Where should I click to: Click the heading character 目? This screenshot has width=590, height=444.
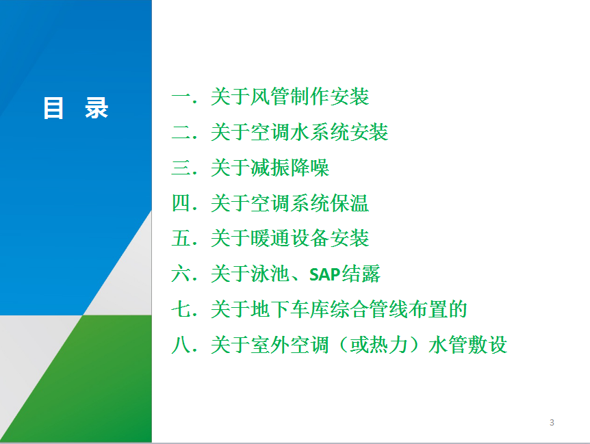coord(53,108)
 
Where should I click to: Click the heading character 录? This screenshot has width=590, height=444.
coord(97,108)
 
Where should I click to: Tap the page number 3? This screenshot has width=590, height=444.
coord(552,423)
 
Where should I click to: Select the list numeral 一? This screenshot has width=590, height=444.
coord(182,97)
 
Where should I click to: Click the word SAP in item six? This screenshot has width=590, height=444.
coord(324,274)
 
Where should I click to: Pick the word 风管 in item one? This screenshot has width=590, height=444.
coord(270,96)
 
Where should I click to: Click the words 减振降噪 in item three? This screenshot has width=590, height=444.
coord(290,168)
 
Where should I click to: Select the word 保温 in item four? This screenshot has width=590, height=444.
coord(349,203)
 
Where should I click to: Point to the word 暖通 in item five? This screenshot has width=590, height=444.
coord(270,238)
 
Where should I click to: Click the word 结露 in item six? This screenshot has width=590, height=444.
coord(361,274)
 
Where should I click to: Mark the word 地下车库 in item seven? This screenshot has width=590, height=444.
coord(290,309)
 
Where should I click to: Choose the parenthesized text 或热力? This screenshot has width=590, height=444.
coord(379,345)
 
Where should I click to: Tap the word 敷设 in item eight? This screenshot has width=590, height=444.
coord(487,345)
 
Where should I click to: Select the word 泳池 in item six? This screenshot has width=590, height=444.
coord(270,274)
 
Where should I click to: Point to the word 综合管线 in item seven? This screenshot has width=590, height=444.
coord(369,309)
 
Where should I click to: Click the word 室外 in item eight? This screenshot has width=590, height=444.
coord(270,345)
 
